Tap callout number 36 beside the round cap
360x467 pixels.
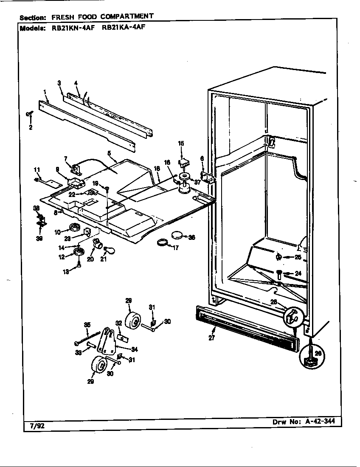point(191,237)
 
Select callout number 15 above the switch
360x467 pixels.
point(181,143)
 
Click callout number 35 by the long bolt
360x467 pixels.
point(87,325)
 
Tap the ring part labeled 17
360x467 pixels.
point(162,244)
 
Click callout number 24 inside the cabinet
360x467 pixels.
point(298,273)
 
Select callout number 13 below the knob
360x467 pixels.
point(66,272)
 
